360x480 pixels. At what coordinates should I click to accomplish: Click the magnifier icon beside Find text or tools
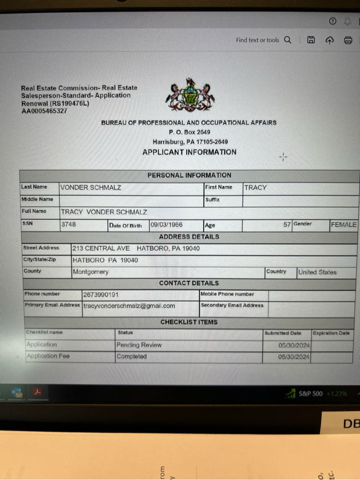[287, 40]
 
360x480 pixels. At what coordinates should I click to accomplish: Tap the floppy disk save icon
[310, 40]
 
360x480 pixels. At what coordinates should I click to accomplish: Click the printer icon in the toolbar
[348, 40]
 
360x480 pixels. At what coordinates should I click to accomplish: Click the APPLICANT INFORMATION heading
[189, 152]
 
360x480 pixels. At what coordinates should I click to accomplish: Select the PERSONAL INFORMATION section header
[189, 175]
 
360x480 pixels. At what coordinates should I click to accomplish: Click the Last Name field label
[34, 187]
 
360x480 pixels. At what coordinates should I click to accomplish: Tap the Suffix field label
[212, 200]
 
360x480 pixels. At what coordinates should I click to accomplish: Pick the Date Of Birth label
[125, 225]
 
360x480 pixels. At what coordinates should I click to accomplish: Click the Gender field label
[303, 224]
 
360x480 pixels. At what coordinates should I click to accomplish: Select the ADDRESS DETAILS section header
[189, 237]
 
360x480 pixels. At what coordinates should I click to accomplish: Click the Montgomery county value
[91, 272]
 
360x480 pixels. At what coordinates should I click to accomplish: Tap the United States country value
[317, 272]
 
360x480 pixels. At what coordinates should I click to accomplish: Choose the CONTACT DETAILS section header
[189, 283]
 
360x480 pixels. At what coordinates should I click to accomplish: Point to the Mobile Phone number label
[227, 294]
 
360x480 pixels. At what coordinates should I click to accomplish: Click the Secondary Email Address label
[232, 306]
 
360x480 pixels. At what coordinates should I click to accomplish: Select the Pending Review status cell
[139, 345]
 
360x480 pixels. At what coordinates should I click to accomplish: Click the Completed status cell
[132, 356]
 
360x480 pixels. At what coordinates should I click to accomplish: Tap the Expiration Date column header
[331, 333]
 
